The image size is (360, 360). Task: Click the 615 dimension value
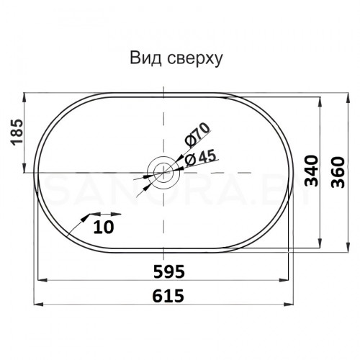(x=167, y=294)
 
